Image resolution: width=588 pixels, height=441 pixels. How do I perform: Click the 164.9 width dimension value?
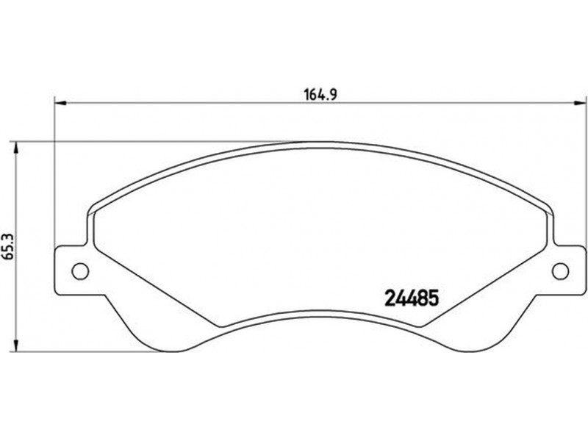(x=320, y=95)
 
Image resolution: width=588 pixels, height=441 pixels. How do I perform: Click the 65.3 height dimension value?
(x=8, y=246)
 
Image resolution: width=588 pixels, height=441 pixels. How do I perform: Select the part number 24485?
(x=412, y=298)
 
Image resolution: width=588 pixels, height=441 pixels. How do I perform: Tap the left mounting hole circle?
(x=80, y=270)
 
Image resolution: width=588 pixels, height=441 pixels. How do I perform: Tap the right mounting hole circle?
(x=561, y=270)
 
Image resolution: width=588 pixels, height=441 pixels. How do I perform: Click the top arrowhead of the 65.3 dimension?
(x=15, y=148)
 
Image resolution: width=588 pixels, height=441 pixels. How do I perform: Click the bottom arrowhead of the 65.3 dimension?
(x=15, y=345)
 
